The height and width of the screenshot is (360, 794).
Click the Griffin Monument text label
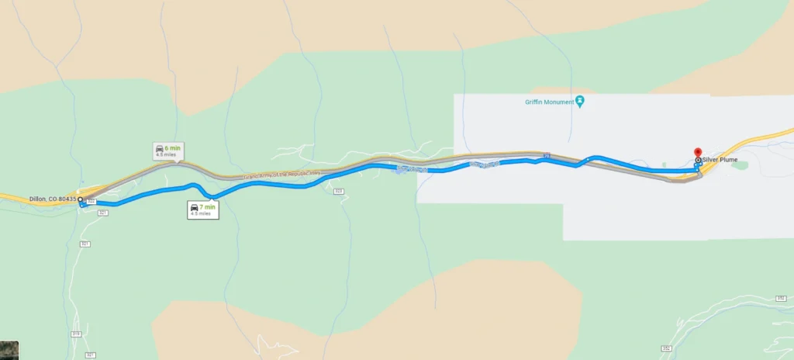click(x=547, y=102)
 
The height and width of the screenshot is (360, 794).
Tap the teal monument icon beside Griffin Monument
click(x=579, y=102)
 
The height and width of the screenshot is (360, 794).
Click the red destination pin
click(x=696, y=153)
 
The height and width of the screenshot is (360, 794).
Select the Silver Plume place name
click(x=720, y=161)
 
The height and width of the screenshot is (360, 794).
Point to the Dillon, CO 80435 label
click(x=53, y=199)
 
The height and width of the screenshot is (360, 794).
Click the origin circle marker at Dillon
click(x=80, y=199)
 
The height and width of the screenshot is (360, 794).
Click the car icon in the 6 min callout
click(x=159, y=148)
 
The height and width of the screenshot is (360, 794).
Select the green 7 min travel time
click(x=208, y=207)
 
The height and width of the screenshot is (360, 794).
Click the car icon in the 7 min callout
click(x=194, y=207)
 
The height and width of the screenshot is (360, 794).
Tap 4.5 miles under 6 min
click(x=166, y=155)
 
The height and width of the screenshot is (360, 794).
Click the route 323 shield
click(x=338, y=191)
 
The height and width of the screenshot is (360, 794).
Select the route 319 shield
click(x=75, y=334)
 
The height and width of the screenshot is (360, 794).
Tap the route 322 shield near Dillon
click(x=91, y=202)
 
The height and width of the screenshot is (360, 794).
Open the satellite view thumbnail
click(x=9, y=350)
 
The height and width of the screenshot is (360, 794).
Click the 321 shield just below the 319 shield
click(x=91, y=355)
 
